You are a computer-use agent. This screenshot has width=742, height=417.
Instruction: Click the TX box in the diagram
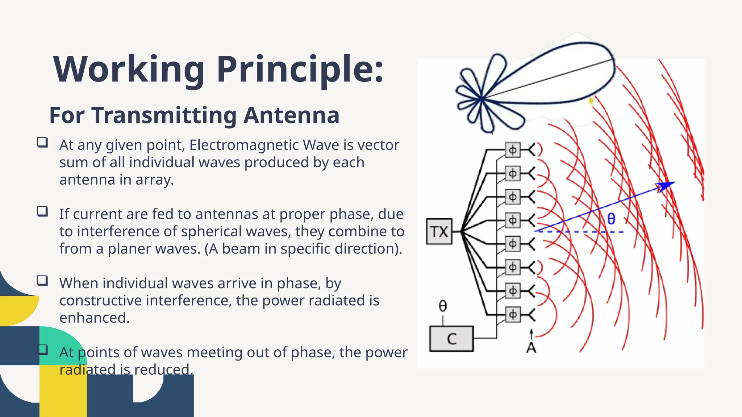[439, 232]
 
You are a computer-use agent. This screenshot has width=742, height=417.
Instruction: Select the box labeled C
[451, 339]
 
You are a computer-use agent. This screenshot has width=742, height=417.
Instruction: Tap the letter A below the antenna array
[531, 348]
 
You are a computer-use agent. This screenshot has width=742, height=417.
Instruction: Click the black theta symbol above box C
[443, 306]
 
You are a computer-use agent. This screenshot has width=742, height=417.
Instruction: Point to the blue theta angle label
[611, 219]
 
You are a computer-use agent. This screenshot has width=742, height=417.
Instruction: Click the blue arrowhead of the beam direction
[667, 186]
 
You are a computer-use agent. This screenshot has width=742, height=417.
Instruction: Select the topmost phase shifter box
[513, 150]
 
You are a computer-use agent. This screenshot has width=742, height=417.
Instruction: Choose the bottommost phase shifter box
[513, 314]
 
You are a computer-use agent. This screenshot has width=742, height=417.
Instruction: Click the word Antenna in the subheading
[291, 115]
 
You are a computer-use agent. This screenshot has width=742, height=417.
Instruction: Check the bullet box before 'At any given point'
[42, 142]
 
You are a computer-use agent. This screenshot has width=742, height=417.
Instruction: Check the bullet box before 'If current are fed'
[42, 211]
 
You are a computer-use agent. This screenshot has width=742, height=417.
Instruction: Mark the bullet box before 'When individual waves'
[42, 281]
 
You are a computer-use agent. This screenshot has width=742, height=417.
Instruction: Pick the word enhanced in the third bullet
[94, 318]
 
